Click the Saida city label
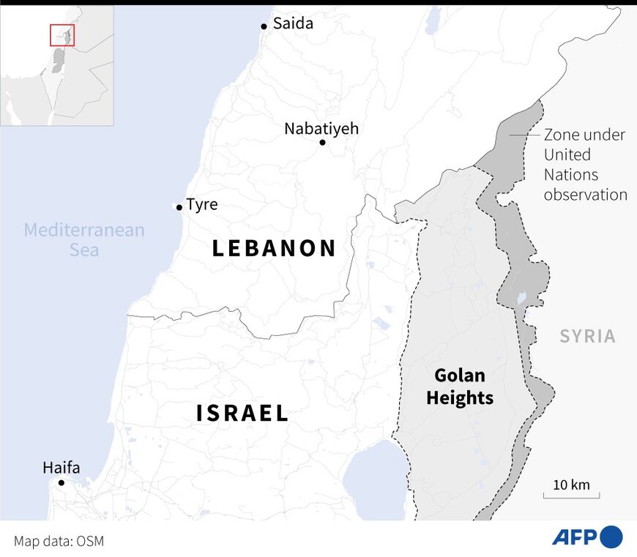293,23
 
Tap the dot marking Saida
264,26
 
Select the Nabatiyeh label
321,129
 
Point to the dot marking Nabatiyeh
322,142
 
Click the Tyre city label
202,204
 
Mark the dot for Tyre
178,207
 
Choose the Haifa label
62,468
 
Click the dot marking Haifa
62,482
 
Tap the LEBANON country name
274,248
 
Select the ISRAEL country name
242,414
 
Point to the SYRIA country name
588,337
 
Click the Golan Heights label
460,386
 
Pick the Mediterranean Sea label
84,239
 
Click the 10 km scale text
571,485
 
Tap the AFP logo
586,537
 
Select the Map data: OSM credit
59,541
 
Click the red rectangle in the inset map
62,34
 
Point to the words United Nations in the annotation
570,165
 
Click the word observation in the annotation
585,195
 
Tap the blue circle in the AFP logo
611,537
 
